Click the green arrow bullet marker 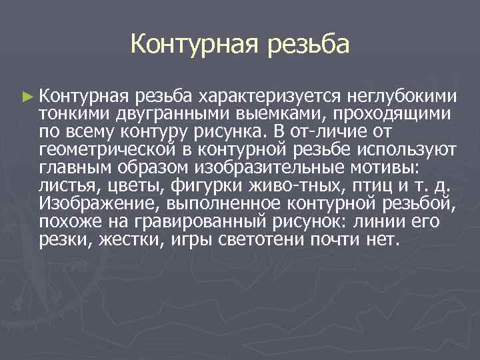click(x=27, y=97)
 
